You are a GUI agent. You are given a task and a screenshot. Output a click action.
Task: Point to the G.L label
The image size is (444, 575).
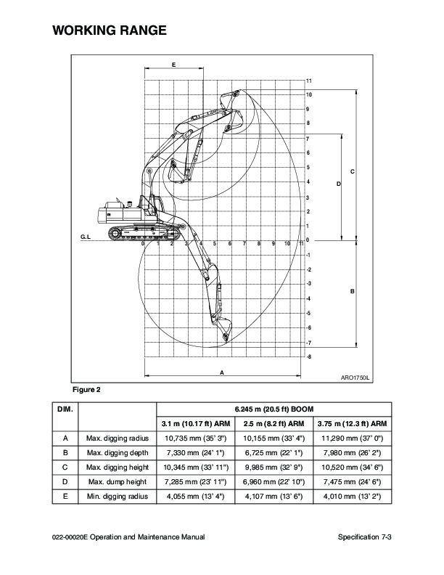[x=85, y=238]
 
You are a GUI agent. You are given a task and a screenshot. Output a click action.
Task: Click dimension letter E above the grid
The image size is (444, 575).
[x=174, y=65]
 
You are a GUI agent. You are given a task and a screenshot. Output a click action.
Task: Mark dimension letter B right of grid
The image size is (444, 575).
[x=352, y=291]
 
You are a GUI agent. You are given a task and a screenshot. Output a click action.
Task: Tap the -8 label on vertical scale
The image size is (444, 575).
[x=309, y=356]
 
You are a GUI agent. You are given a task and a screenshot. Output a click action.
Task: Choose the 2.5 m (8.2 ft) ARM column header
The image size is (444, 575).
[x=274, y=424]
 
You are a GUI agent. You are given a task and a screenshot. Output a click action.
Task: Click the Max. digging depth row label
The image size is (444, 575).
[x=117, y=453]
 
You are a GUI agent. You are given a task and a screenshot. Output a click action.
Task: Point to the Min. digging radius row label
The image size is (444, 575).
[x=117, y=497]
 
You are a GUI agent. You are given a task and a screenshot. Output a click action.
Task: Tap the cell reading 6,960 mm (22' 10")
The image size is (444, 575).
[x=274, y=482]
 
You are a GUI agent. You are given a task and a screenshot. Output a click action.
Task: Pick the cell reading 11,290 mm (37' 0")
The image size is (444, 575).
[x=353, y=439]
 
